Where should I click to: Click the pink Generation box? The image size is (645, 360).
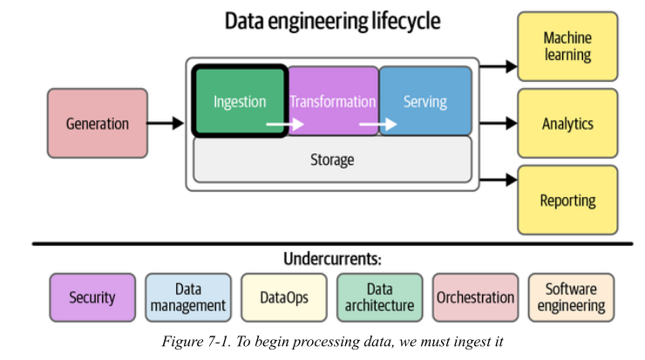pyautogui.click(x=98, y=123)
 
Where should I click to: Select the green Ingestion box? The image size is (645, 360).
pyautogui.click(x=240, y=101)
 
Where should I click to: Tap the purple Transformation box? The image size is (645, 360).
pyautogui.click(x=333, y=101)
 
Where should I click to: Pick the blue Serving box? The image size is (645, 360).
pyautogui.click(x=425, y=101)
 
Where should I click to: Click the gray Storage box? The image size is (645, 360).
pyautogui.click(x=332, y=160)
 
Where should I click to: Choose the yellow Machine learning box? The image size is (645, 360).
pyautogui.click(x=567, y=46)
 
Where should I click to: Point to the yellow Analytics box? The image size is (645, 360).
pyautogui.click(x=567, y=123)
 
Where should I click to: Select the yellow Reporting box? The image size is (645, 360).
pyautogui.click(x=567, y=200)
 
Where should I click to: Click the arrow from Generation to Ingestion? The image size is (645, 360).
pyautogui.click(x=166, y=123)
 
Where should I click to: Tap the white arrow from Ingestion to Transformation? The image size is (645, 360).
pyautogui.click(x=285, y=124)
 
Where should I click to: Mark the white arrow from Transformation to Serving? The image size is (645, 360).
pyautogui.click(x=378, y=124)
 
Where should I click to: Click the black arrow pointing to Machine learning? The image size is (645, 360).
pyautogui.click(x=499, y=66)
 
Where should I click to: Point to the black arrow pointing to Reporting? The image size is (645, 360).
pyautogui.click(x=499, y=180)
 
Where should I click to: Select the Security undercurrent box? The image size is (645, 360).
pyautogui.click(x=92, y=297)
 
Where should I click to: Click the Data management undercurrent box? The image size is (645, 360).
pyautogui.click(x=188, y=297)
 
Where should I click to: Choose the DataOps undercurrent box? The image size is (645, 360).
pyautogui.click(x=284, y=297)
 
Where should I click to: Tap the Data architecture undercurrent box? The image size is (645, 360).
pyautogui.click(x=380, y=297)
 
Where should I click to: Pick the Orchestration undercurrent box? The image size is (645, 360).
pyautogui.click(x=475, y=297)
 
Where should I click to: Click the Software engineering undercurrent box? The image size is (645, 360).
pyautogui.click(x=571, y=297)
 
